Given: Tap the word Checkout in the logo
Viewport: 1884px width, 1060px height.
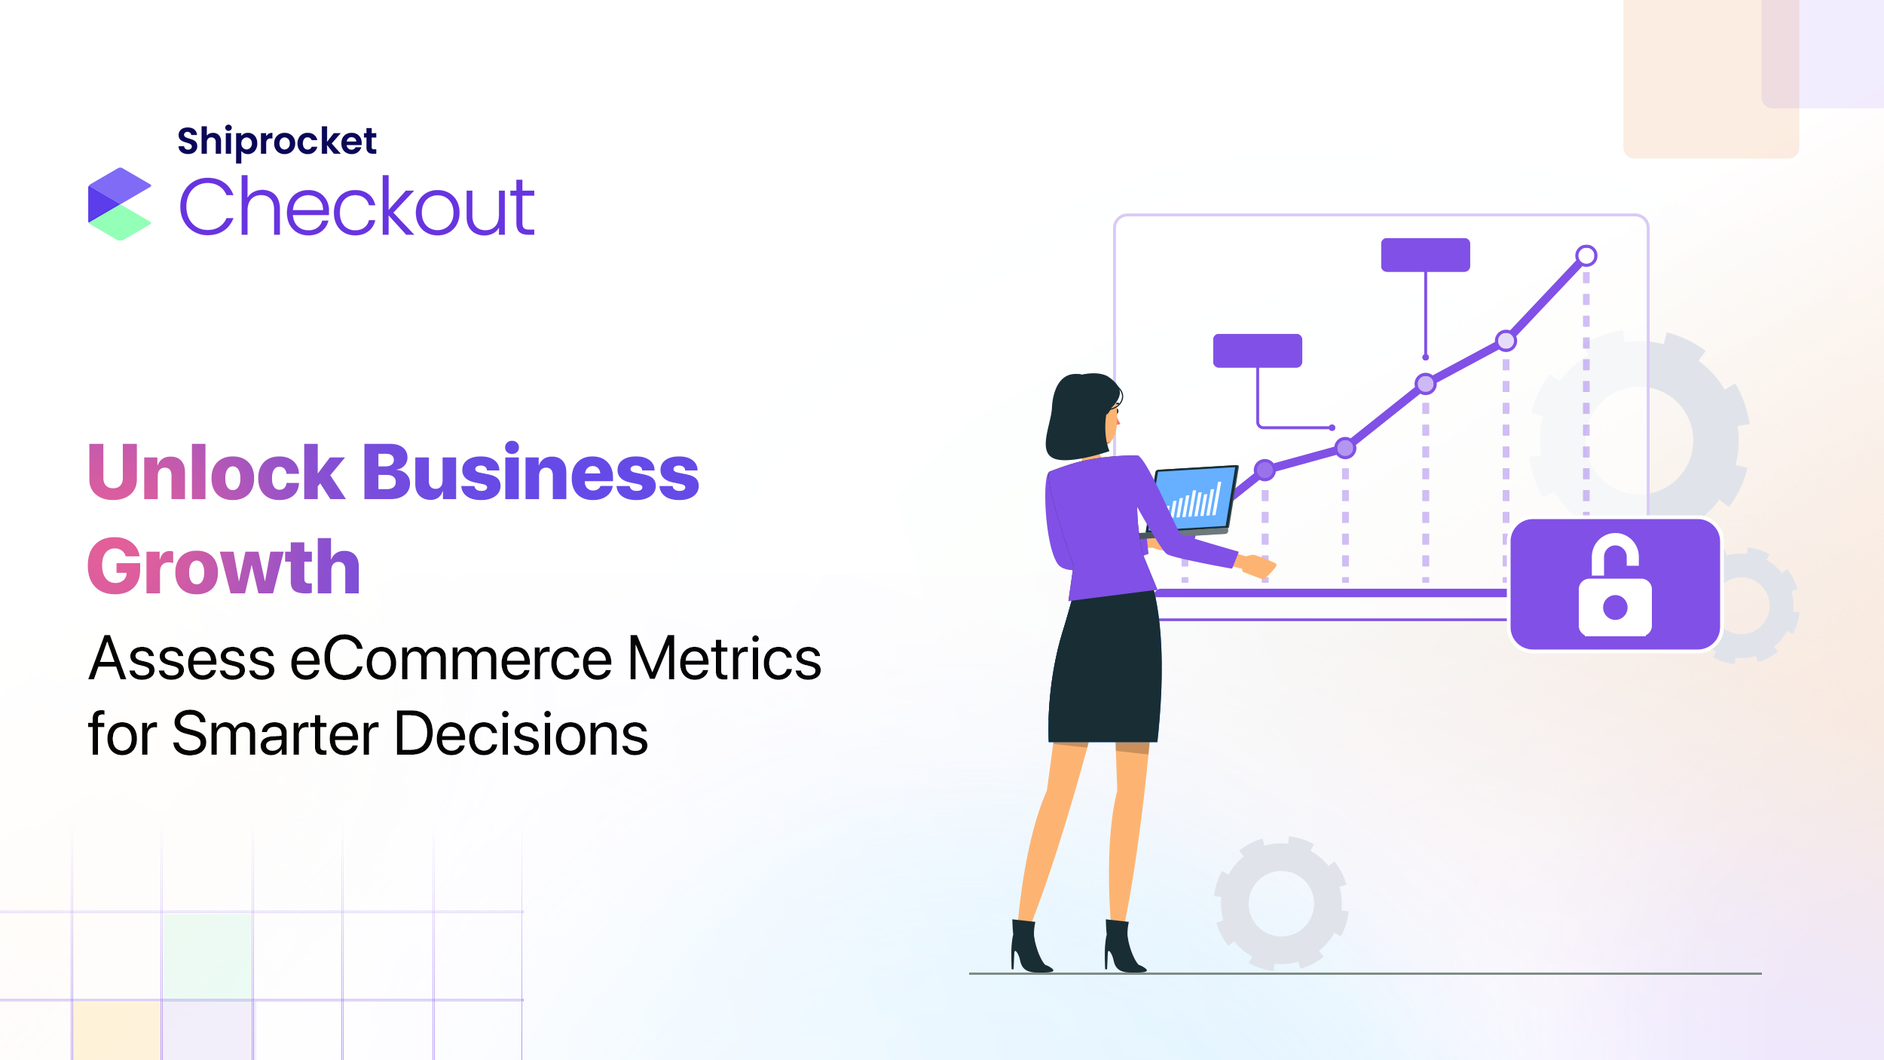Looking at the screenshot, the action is pyautogui.click(x=356, y=206).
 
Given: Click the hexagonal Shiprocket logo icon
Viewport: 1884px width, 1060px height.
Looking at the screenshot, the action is pyautogui.click(x=120, y=204).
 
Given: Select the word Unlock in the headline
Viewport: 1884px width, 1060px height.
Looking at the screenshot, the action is pyautogui.click(x=216, y=472).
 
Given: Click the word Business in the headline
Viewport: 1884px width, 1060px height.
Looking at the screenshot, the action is pyautogui.click(x=531, y=472).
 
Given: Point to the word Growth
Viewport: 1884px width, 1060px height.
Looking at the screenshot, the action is pyautogui.click(x=224, y=567).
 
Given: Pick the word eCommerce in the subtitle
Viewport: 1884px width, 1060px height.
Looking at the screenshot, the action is pyautogui.click(x=451, y=659).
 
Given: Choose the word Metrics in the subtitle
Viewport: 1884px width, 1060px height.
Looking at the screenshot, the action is pyautogui.click(x=724, y=659).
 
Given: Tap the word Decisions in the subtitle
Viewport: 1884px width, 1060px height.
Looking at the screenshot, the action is pyautogui.click(x=521, y=734).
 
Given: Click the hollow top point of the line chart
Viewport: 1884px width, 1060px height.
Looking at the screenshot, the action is pyautogui.click(x=1586, y=256).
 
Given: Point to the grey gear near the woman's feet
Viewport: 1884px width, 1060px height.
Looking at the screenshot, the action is pyautogui.click(x=1281, y=903).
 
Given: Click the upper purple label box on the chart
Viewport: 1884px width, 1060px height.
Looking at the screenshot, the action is pyautogui.click(x=1426, y=255).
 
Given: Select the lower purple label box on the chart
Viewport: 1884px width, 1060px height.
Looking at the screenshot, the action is pyautogui.click(x=1258, y=351).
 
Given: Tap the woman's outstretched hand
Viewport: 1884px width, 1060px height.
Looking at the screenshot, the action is pyautogui.click(x=1257, y=565).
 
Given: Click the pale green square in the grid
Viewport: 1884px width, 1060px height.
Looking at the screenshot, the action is pyautogui.click(x=207, y=956).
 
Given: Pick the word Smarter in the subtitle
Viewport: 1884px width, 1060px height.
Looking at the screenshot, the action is pyautogui.click(x=276, y=734).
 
